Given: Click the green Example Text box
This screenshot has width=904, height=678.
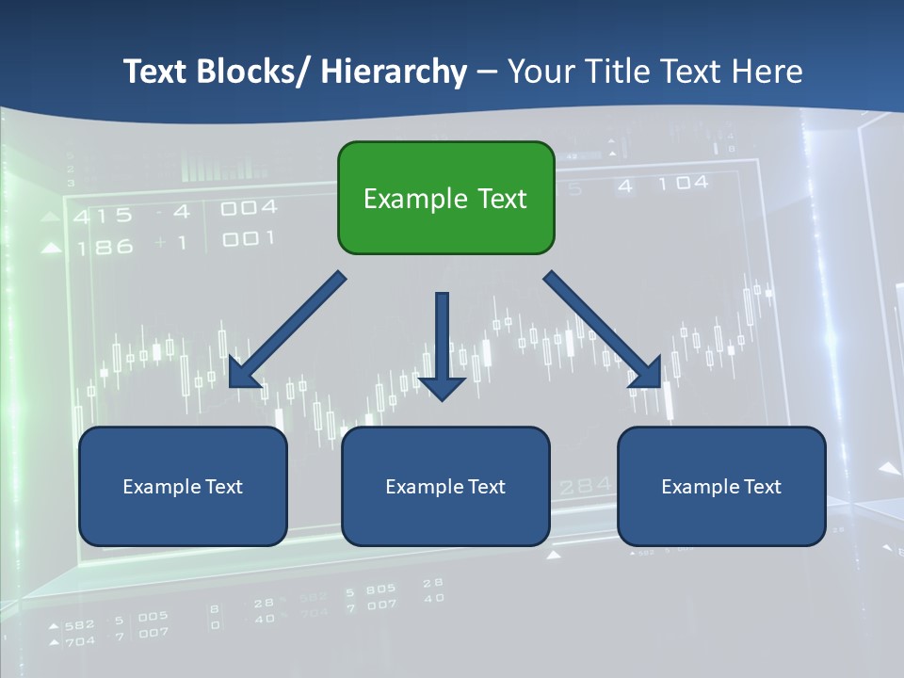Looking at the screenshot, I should click(x=445, y=198).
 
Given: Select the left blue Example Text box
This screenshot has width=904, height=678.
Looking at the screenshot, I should click(x=183, y=486).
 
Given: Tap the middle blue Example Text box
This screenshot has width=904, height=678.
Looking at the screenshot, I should click(x=445, y=486).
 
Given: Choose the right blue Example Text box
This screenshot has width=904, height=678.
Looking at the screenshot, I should click(x=721, y=486).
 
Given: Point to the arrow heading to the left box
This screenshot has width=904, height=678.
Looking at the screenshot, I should click(x=286, y=331).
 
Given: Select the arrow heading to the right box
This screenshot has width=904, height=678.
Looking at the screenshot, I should click(x=603, y=331).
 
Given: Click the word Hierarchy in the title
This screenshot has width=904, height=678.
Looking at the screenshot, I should click(x=394, y=72).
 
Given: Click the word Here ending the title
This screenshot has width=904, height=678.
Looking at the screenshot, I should click(x=767, y=72).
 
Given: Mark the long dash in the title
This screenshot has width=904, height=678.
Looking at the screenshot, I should click(x=486, y=73).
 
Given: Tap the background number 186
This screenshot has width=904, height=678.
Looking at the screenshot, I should click(x=105, y=248).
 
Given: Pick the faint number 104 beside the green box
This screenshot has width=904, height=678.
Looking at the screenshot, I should click(x=684, y=184).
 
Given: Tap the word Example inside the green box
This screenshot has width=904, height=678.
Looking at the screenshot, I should click(x=405, y=199).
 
